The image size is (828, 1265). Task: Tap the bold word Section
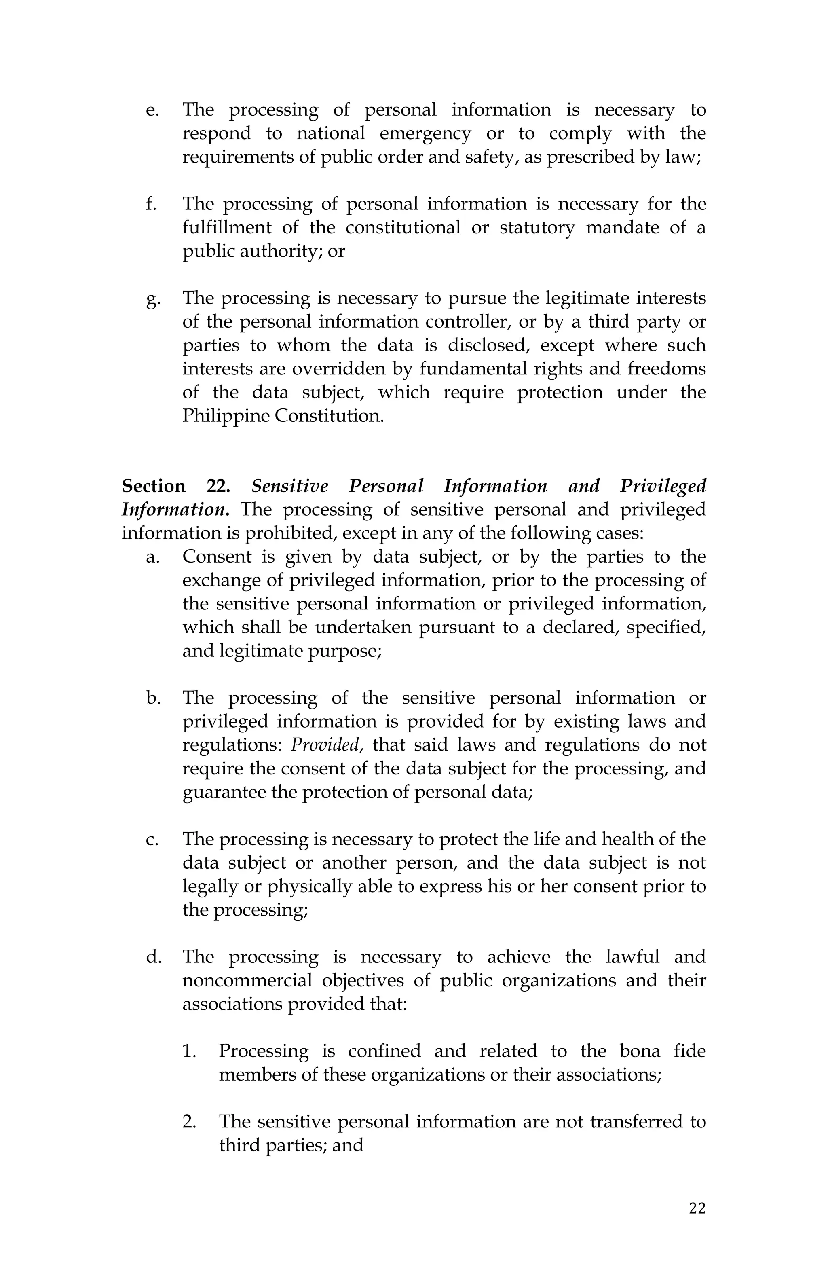coord(154,486)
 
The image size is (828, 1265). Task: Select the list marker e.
coord(152,110)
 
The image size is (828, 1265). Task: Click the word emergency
coord(425,133)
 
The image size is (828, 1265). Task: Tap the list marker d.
coord(153,957)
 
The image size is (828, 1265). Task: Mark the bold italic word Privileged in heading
coord(663,486)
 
